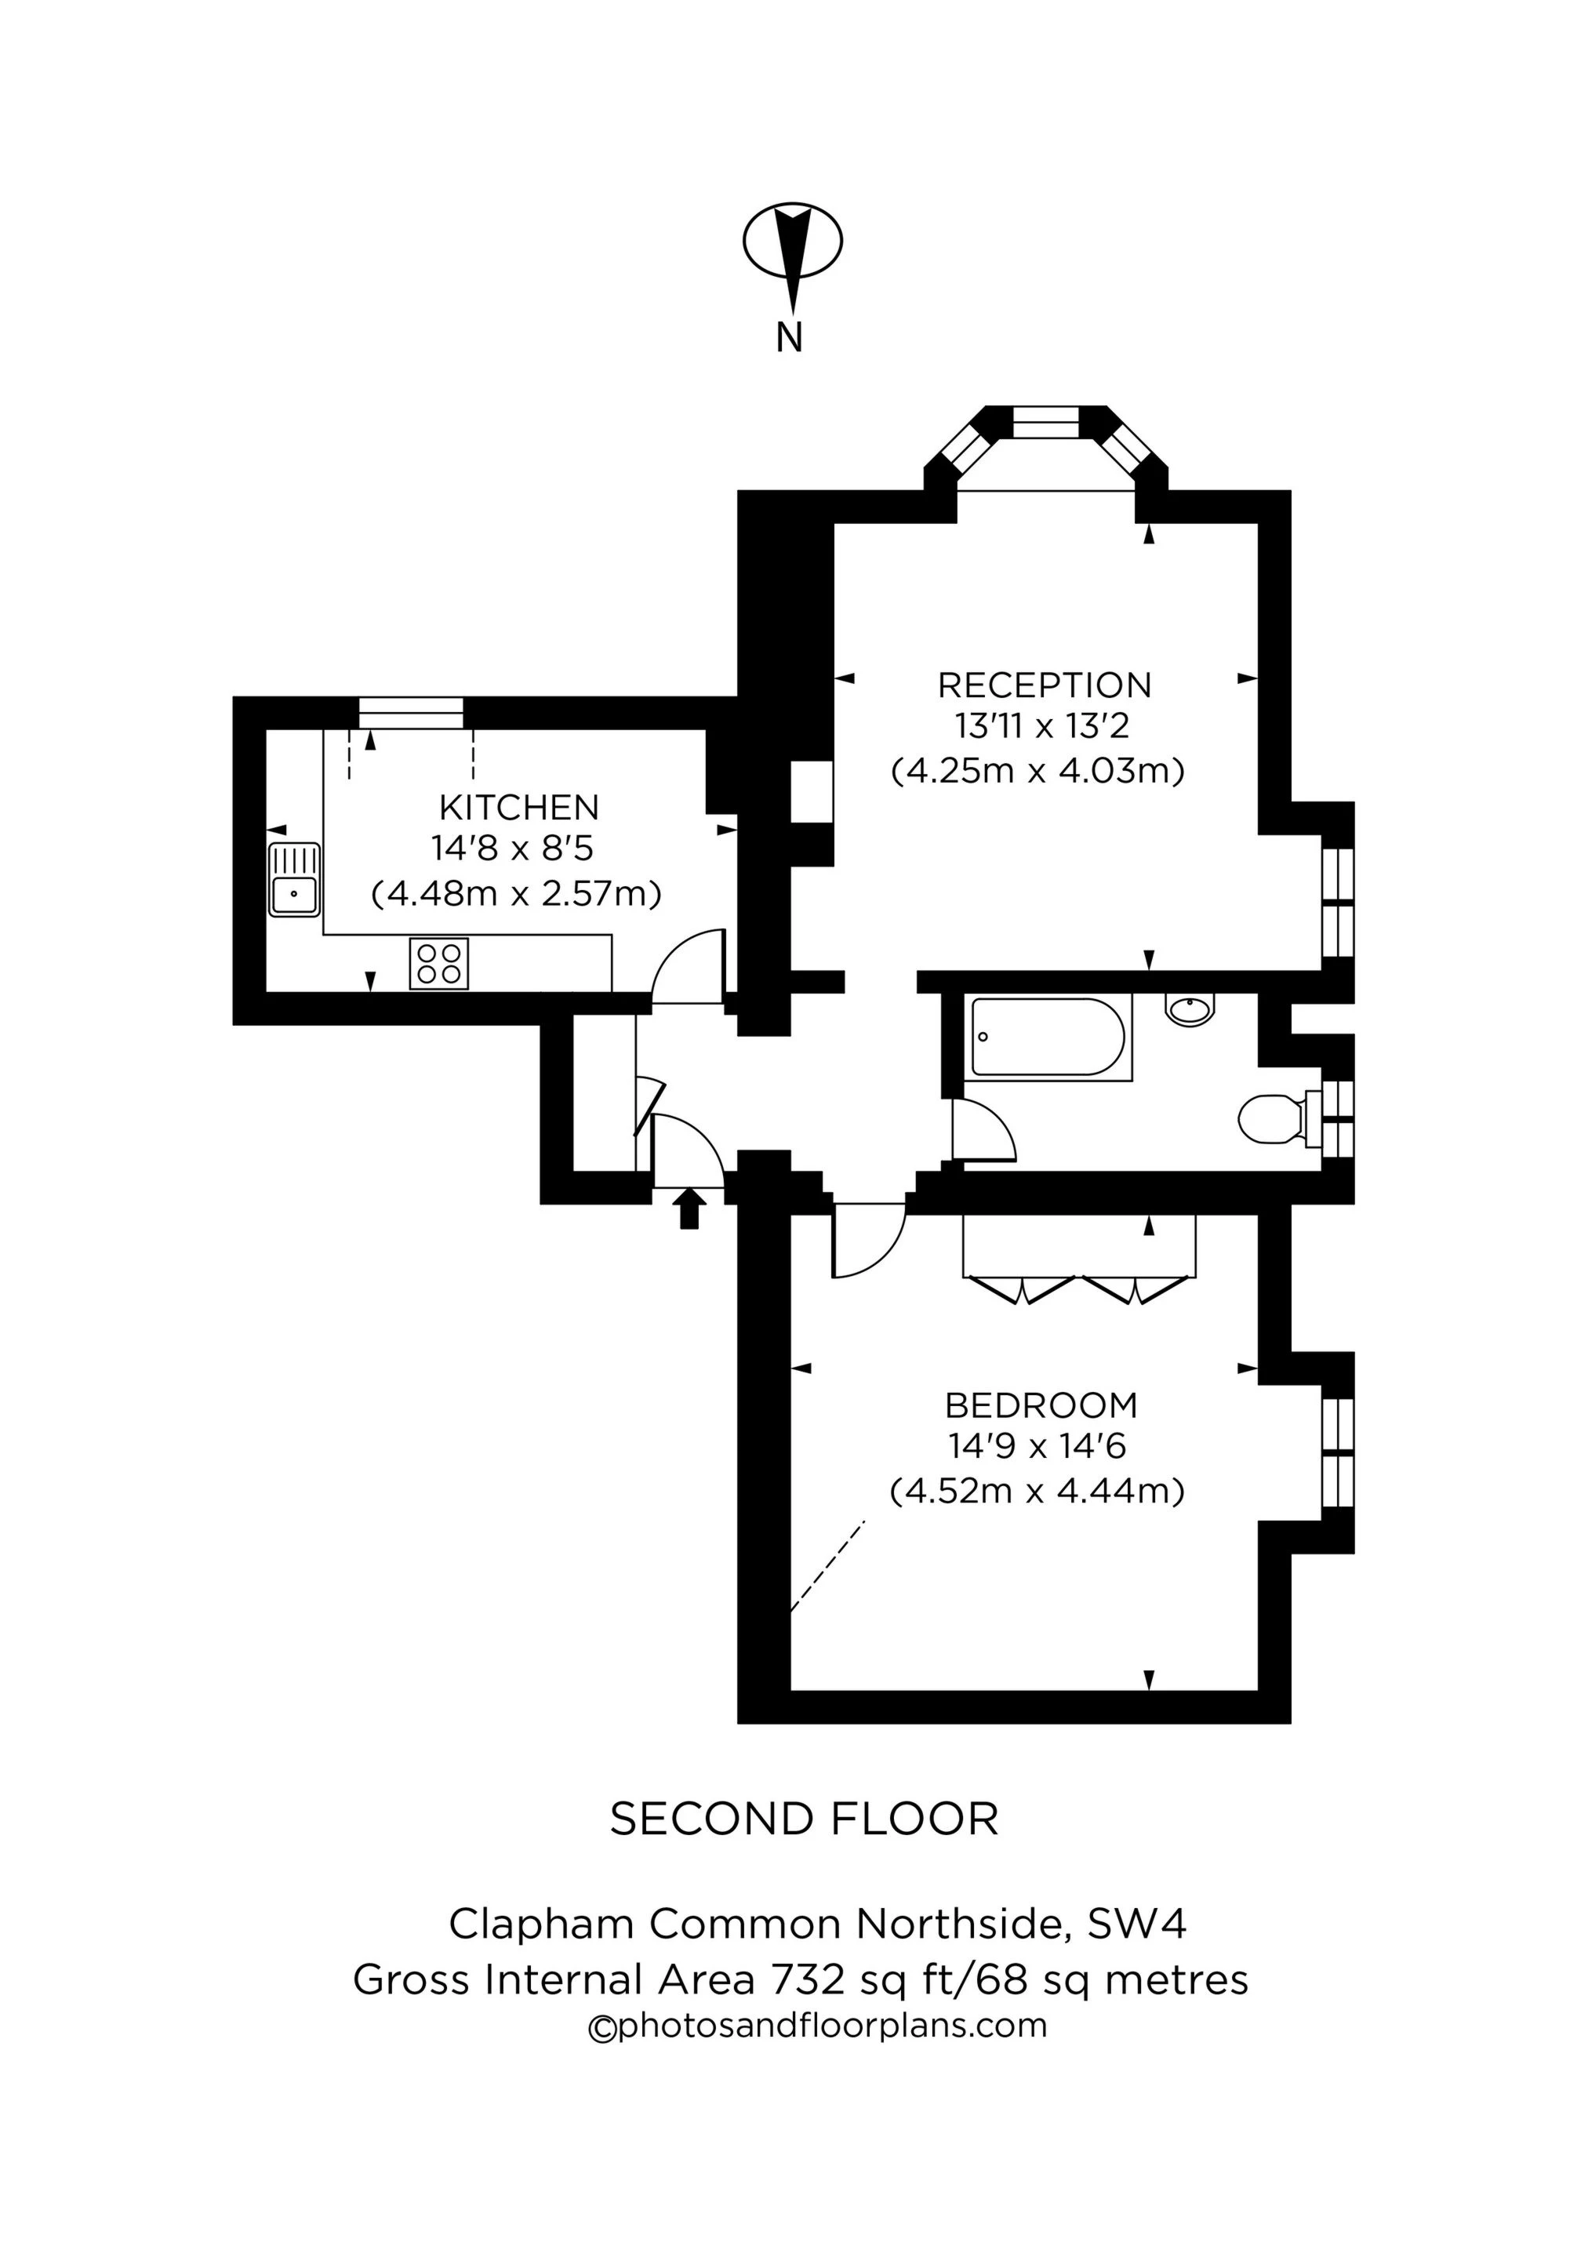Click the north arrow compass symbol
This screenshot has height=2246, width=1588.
(x=793, y=244)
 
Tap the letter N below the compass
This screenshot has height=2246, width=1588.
(x=790, y=337)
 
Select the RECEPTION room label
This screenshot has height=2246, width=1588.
(x=1044, y=685)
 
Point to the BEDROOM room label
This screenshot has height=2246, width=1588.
(x=1041, y=1405)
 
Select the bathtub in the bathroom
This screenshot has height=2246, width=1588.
(x=1047, y=1038)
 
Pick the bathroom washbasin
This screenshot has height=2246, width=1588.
(x=1190, y=1009)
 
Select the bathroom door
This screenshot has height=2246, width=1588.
(x=983, y=1130)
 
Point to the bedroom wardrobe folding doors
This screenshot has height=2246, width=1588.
(x=1078, y=1289)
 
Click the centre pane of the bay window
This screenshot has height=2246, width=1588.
(x=1046, y=423)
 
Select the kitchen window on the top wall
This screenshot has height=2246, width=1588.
(x=411, y=712)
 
